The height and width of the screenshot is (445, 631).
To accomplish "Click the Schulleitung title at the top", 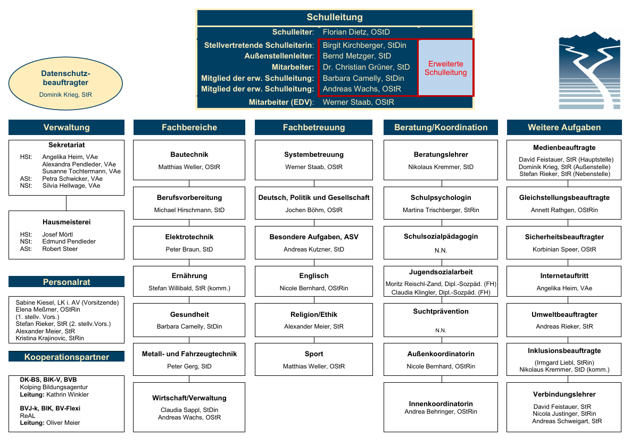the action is pyautogui.click(x=335, y=18).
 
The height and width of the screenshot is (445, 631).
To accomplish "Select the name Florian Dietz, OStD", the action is pyautogui.click(x=356, y=32).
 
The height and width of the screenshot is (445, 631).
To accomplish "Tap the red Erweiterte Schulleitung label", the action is pyautogui.click(x=445, y=68).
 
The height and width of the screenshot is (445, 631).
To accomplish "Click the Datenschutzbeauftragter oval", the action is pyautogui.click(x=65, y=83).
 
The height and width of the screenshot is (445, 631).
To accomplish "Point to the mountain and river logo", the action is pyautogui.click(x=590, y=70).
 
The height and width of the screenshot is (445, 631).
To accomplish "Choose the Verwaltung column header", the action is pyautogui.click(x=67, y=128).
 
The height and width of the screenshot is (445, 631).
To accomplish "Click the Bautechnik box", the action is pyautogui.click(x=189, y=160).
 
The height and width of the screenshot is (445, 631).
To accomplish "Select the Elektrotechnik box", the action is pyautogui.click(x=189, y=243).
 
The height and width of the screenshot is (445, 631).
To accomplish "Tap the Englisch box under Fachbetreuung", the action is pyautogui.click(x=314, y=281).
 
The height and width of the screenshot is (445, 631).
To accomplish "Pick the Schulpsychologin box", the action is pyautogui.click(x=441, y=203).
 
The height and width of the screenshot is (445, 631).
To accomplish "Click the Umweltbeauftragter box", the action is pyautogui.click(x=564, y=320).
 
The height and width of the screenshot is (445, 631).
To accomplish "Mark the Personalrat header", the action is pyautogui.click(x=67, y=282).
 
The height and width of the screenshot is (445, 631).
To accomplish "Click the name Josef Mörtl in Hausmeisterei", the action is pyautogui.click(x=57, y=234).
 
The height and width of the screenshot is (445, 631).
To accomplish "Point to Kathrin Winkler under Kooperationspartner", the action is pyautogui.click(x=67, y=394).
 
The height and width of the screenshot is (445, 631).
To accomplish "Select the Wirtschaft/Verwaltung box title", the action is pyautogui.click(x=189, y=398).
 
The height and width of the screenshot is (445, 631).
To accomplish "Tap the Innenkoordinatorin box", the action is pyautogui.click(x=441, y=407).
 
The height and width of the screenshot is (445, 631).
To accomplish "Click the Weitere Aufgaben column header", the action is pyautogui.click(x=564, y=128).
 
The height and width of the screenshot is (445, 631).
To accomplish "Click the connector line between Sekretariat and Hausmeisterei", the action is pyautogui.click(x=67, y=204).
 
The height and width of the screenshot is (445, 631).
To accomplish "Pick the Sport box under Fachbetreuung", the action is pyautogui.click(x=314, y=359).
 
